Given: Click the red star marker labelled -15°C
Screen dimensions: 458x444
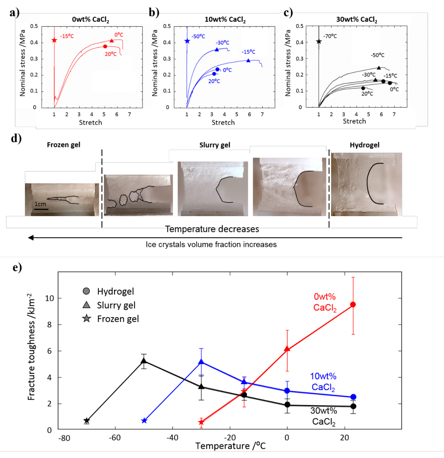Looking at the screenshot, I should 54,40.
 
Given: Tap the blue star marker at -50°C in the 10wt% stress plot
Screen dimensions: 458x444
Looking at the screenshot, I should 187,41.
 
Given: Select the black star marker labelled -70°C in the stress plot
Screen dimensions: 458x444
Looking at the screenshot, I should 319,41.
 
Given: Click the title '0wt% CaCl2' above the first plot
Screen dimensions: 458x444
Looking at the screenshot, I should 90,20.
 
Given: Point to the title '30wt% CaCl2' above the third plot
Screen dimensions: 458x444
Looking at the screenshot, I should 356,20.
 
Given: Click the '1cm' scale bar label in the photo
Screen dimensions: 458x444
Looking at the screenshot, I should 40,204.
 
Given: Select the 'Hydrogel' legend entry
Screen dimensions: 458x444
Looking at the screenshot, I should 115,291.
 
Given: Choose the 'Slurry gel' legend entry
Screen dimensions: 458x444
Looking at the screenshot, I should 116,305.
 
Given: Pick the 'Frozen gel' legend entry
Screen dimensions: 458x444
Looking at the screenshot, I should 118,319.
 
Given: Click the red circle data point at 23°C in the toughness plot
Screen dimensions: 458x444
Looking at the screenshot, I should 353,304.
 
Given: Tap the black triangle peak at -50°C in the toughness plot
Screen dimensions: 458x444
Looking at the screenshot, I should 144,361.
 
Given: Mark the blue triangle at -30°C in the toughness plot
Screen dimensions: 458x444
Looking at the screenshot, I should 201,362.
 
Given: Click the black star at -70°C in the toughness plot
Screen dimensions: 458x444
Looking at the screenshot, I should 87,421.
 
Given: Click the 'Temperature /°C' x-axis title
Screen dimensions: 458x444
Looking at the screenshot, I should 230,446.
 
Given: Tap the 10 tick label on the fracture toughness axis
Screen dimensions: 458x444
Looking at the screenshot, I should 49,298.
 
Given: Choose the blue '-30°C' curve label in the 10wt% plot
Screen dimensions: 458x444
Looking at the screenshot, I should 222,43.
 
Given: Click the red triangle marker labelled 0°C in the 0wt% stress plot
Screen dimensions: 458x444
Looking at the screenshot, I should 112,41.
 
